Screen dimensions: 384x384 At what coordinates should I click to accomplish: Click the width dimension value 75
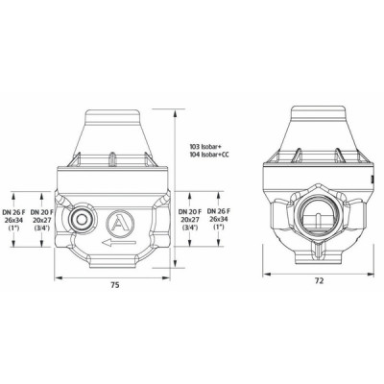(114, 286)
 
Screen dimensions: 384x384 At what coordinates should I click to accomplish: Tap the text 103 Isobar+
(210, 147)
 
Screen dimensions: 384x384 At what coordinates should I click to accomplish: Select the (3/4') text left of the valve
(42, 228)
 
